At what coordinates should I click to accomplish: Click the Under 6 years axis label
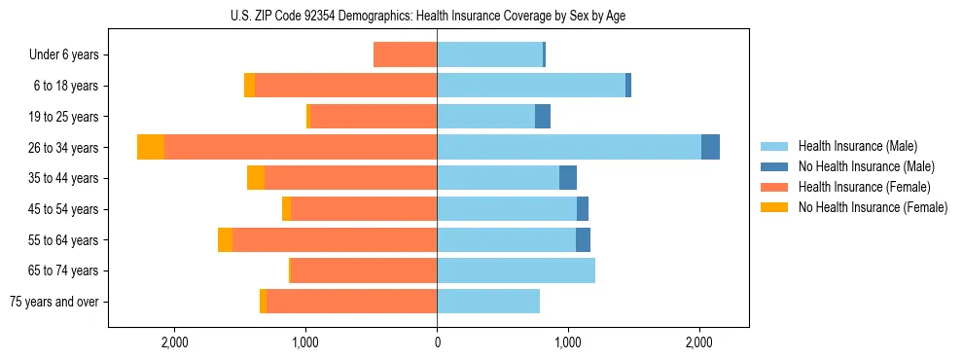coord(64,55)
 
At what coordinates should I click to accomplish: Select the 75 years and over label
coord(54,302)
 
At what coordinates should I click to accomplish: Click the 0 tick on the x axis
coord(437,342)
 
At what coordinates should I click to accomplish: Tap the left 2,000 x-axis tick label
coord(175,342)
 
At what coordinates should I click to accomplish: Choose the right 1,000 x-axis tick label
coord(568,342)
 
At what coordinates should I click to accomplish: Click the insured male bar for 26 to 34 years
coord(569,147)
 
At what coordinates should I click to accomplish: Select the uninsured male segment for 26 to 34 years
coord(710,147)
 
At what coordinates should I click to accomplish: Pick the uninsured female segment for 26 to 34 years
coord(151,147)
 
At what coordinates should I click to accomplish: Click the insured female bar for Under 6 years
coord(405,54)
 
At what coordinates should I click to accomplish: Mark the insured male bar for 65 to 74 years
coord(516,270)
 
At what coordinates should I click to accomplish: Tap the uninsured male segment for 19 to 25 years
coord(543,117)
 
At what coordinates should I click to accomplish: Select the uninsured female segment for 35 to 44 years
coord(256,178)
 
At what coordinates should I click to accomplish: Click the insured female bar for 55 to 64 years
coord(335,239)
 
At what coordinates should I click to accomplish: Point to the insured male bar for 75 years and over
coord(488,302)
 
